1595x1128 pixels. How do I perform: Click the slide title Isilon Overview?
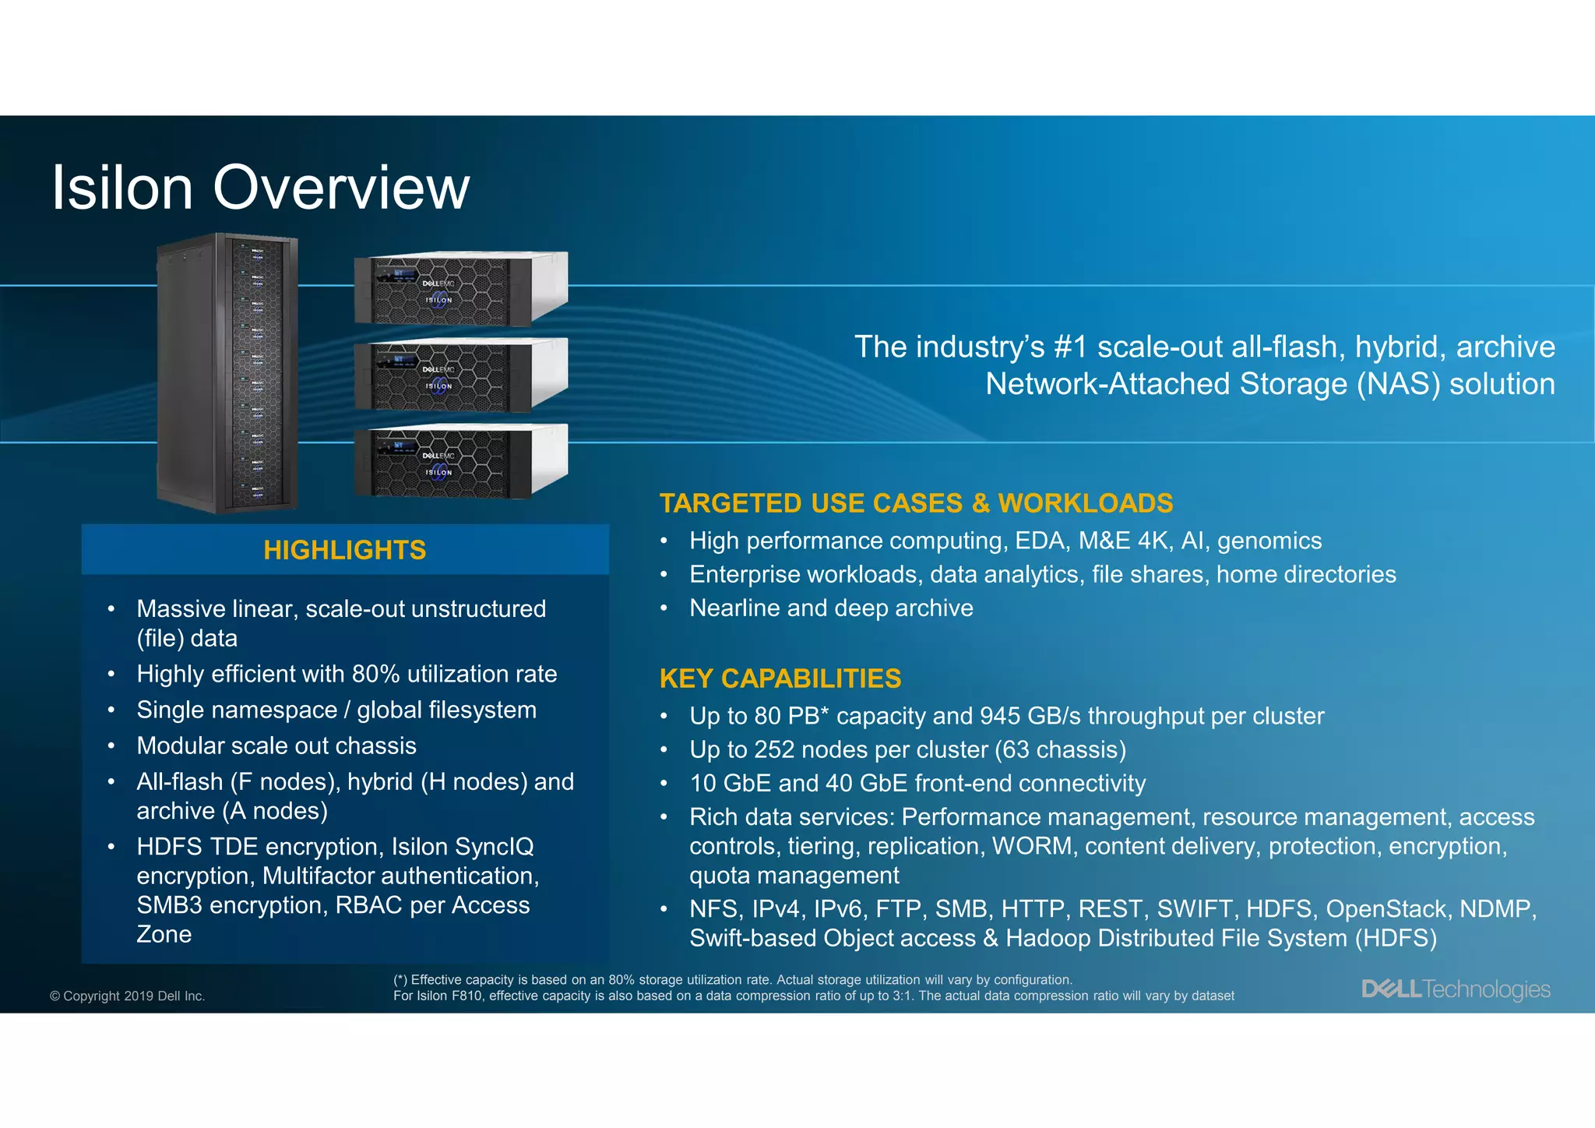(260, 188)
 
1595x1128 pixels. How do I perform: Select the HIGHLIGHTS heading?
(344, 550)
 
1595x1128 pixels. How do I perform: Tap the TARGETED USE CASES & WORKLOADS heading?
(916, 503)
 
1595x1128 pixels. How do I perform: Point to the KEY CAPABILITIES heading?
(780, 679)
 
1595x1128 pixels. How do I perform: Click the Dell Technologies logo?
(1455, 989)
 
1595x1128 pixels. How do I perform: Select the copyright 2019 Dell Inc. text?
(127, 996)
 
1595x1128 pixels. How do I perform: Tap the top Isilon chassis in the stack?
(461, 288)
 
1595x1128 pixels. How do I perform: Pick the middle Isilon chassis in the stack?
(461, 375)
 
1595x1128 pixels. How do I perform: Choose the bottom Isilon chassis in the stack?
(461, 461)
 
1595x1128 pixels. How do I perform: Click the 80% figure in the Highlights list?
(376, 674)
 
